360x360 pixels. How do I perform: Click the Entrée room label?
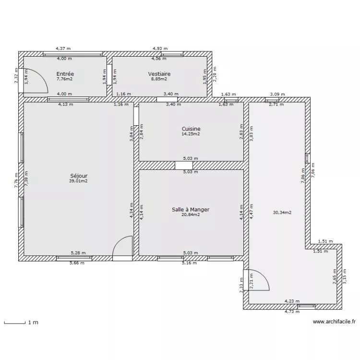65,74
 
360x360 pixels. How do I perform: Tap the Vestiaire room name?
159,74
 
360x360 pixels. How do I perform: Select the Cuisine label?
191,129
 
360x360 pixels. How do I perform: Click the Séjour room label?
78,176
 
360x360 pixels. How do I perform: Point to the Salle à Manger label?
191,209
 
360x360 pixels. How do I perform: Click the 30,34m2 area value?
282,212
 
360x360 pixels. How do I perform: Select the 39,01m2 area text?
78,181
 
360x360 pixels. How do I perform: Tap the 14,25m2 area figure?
191,134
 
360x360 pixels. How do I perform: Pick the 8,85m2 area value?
159,80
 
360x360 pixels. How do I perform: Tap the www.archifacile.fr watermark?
334,323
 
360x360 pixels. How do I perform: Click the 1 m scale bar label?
33,323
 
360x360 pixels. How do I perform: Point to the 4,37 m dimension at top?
63,48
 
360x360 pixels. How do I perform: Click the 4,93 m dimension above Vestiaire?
160,48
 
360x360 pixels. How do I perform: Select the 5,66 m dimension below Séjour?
77,263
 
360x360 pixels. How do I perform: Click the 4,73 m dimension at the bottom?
291,312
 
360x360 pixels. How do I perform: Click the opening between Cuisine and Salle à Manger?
183,165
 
